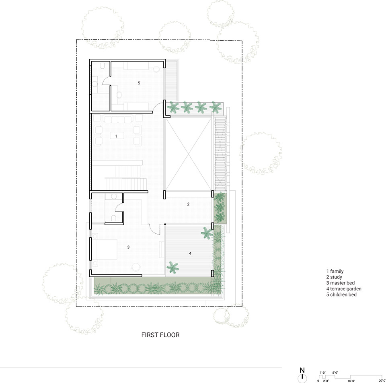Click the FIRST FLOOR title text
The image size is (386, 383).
160,335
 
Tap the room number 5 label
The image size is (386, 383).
139,83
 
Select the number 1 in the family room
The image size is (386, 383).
116,136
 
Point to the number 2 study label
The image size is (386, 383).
188,204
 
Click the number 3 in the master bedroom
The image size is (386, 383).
128,247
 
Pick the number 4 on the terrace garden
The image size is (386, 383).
190,253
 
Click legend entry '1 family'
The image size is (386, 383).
335,271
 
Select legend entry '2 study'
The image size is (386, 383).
334,277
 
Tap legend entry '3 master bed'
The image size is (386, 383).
341,283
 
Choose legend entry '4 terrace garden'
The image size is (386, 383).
344,289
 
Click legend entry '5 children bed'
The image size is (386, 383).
341,294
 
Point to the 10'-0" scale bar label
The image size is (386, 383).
351,381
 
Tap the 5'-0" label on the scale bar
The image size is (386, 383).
335,373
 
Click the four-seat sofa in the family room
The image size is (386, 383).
118,119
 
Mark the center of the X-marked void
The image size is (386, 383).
189,154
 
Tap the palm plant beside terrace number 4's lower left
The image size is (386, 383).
172,268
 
